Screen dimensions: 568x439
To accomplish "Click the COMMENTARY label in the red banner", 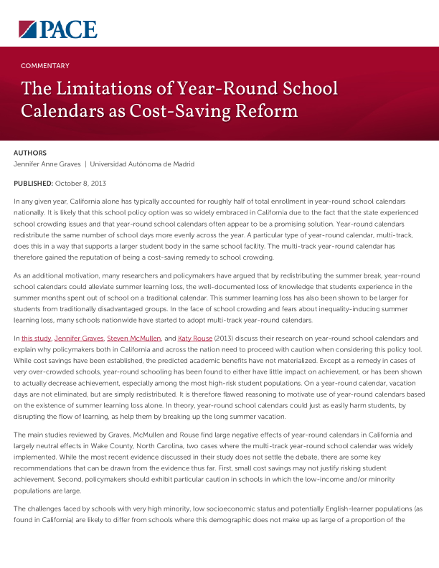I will (x=45, y=66).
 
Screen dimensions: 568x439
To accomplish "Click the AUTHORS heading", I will (x=30, y=153).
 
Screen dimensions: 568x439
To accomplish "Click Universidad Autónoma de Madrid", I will (x=142, y=164).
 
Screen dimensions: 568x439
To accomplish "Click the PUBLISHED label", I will (x=33, y=184).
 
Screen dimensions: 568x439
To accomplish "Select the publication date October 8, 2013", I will (x=80, y=184).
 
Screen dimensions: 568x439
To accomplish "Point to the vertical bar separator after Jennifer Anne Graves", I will (x=85, y=164).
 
